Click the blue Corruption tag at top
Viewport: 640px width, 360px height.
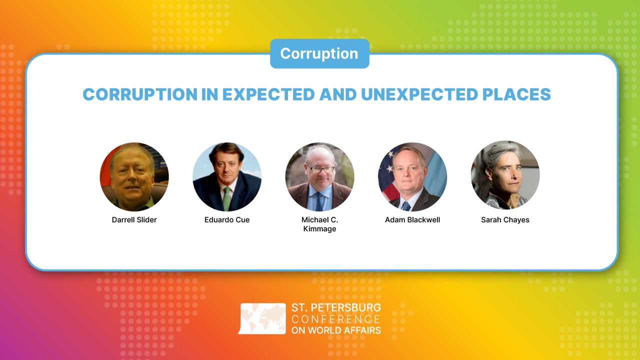(x=319, y=53)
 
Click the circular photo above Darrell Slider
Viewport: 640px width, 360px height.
(x=134, y=177)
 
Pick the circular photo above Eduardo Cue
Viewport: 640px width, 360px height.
(x=227, y=177)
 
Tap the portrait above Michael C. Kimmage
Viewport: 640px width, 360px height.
(x=319, y=177)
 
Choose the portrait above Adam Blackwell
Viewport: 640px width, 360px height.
(x=412, y=177)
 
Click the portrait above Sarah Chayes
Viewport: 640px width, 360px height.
(x=505, y=175)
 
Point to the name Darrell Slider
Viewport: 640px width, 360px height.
(x=134, y=220)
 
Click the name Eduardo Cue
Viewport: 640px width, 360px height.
(x=227, y=220)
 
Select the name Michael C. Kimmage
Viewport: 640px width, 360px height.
(x=319, y=224)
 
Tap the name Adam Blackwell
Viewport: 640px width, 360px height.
(x=412, y=220)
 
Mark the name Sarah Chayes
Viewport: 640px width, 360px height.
(x=505, y=220)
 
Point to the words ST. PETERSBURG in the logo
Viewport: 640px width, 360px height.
(x=335, y=307)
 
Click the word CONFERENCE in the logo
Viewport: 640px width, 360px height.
(x=335, y=319)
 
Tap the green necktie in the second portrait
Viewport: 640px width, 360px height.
(x=227, y=198)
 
